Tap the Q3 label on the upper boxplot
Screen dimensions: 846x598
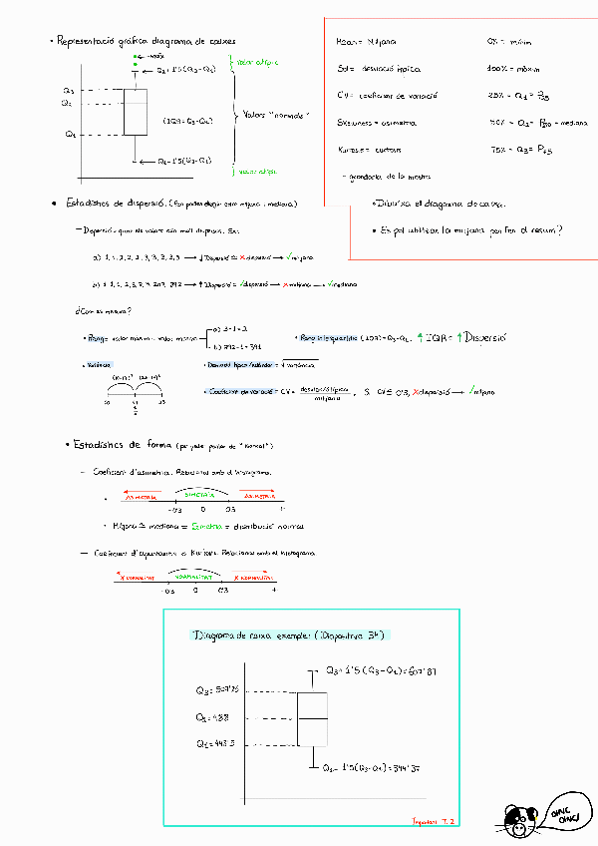click(x=67, y=90)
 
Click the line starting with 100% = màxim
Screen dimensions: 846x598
click(x=512, y=69)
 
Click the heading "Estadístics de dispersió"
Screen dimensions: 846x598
click(x=110, y=204)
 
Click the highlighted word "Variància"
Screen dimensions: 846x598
click(x=98, y=364)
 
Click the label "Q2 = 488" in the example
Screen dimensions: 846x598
click(x=214, y=716)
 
